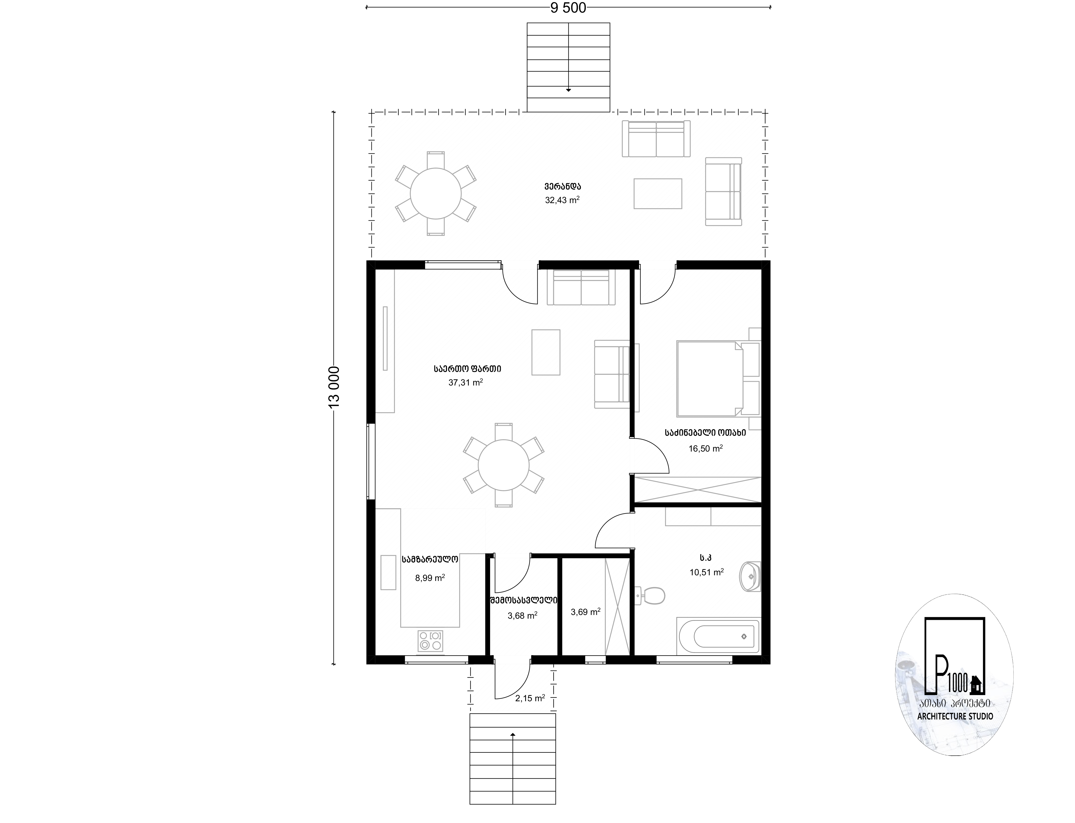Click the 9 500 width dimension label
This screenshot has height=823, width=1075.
568,8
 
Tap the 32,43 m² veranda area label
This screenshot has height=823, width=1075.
562,200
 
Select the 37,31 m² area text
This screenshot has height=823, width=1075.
466,383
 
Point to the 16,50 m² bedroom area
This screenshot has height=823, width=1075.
706,448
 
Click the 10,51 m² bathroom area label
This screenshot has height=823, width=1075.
707,572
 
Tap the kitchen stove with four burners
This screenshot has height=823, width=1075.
430,641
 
